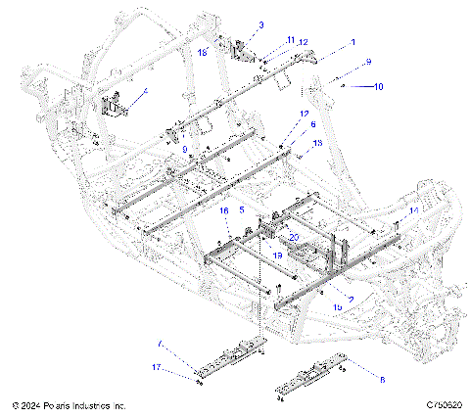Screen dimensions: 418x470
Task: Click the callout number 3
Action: pos(233,24)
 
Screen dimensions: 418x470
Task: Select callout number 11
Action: pos(291,40)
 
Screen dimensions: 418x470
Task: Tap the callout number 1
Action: pos(353,44)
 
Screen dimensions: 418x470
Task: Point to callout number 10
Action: pos(378,87)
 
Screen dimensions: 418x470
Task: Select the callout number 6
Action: pos(312,125)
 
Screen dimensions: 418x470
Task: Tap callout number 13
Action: pos(316,143)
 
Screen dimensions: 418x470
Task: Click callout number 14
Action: pos(414,209)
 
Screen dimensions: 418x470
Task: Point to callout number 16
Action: pos(223,210)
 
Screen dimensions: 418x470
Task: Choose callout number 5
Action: pos(242,210)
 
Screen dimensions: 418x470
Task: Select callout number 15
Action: pos(338,306)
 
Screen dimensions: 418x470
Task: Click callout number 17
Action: pos(155,367)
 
